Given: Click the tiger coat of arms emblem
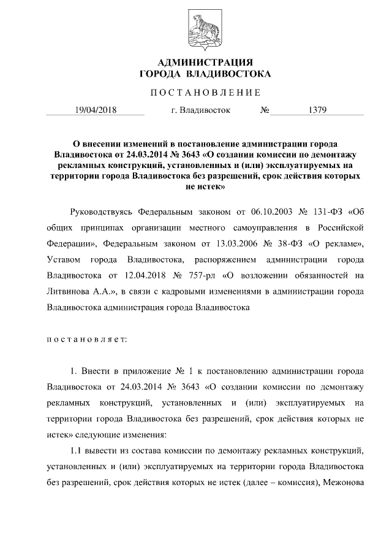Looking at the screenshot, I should point(196,29).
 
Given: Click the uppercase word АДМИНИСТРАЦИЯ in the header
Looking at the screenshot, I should point(196,62).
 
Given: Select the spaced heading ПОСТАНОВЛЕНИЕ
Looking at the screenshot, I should point(196,93).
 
